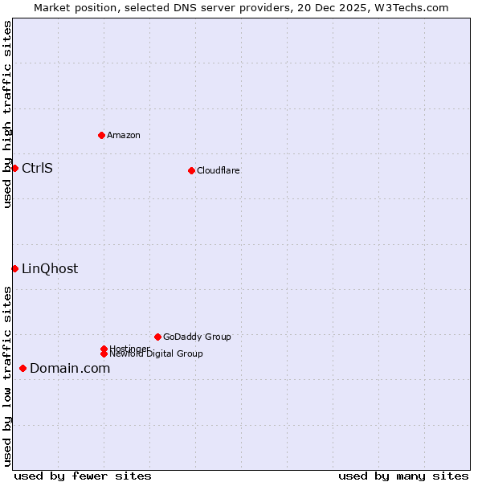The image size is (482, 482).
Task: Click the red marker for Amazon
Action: tap(101, 135)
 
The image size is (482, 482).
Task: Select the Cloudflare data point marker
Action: tap(191, 170)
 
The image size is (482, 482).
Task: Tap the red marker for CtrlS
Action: tap(14, 168)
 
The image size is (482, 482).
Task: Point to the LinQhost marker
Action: tap(14, 268)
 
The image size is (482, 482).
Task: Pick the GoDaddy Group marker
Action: tap(157, 337)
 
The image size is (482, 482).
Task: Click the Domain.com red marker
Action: tap(22, 368)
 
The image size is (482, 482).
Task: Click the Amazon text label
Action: tap(124, 135)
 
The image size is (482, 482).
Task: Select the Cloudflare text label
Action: tap(218, 170)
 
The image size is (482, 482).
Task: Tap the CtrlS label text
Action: tap(37, 168)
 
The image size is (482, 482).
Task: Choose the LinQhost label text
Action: tap(50, 268)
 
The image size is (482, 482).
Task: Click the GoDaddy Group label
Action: tap(197, 337)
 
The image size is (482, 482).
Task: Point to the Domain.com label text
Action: tap(70, 368)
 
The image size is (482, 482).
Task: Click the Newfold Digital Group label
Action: tap(157, 354)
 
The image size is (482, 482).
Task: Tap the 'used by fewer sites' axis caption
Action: tap(83, 476)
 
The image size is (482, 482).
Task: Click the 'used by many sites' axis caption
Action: tap(403, 476)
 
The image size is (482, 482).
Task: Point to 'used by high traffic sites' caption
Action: tap(7, 114)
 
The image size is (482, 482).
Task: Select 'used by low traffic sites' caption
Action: tap(7, 375)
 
